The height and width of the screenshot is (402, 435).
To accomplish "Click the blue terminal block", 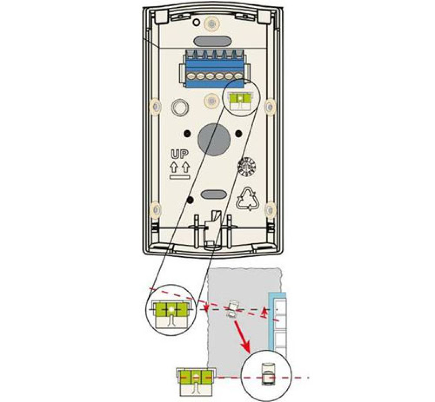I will (213, 68).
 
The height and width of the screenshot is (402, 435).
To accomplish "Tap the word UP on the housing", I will (179, 154).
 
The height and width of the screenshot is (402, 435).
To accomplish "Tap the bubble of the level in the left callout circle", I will (171, 310).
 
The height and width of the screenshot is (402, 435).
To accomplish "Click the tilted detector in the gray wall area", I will (233, 309).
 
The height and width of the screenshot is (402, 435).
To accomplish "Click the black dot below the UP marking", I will (190, 200).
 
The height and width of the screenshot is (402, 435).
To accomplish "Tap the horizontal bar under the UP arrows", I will (180, 177).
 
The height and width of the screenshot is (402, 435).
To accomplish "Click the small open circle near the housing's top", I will (194, 19).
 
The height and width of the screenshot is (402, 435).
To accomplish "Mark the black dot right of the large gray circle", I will (238, 133).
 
